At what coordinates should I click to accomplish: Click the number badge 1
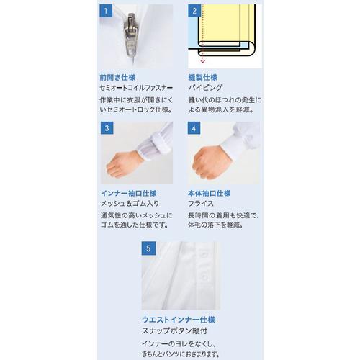point(107,12)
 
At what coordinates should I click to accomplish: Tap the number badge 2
point(194,12)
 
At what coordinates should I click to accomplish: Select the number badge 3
point(107,128)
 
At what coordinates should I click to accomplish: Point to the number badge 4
point(194,128)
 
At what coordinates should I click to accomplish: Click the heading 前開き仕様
point(118,76)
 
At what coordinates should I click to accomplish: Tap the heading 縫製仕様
point(203,76)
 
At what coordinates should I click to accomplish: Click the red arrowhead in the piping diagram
point(202,62)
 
